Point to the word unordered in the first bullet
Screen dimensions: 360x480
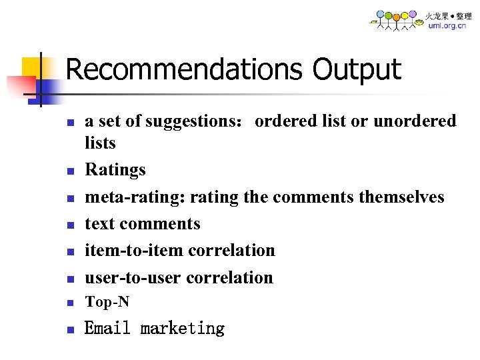point(415,121)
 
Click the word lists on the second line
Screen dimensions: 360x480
point(100,143)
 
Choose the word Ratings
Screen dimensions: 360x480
point(115,170)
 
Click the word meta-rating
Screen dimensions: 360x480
point(135,197)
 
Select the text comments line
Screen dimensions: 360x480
point(142,223)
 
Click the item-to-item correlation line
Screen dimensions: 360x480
point(179,250)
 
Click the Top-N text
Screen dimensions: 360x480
point(107,302)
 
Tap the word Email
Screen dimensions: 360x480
point(108,328)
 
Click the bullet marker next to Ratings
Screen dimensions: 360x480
point(69,171)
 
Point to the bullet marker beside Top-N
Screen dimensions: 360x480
point(69,303)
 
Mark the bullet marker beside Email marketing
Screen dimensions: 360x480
point(69,329)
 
